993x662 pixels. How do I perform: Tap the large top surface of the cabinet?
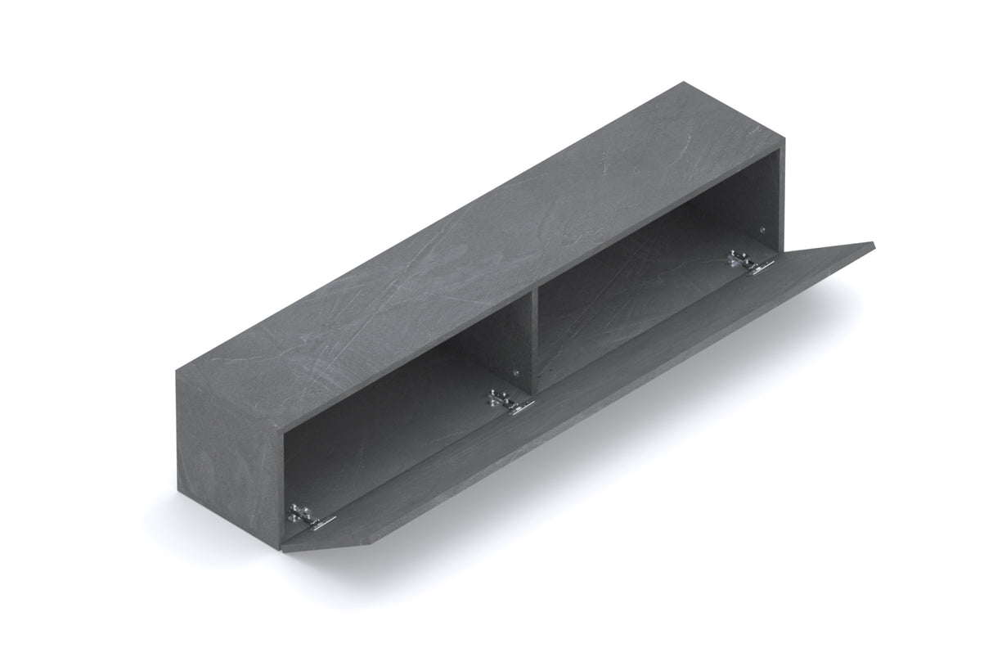(483, 245)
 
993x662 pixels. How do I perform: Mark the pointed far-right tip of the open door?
(872, 244)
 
